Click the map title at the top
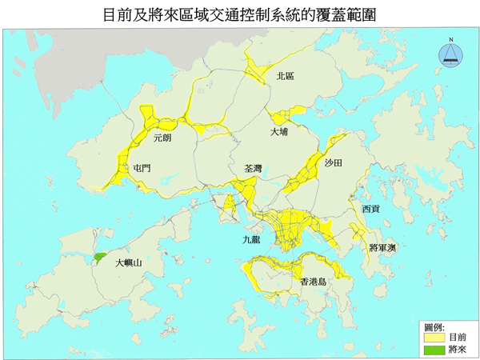click(x=240, y=14)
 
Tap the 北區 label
click(x=285, y=76)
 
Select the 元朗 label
click(x=162, y=137)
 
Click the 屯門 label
click(x=142, y=168)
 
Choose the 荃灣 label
click(x=253, y=169)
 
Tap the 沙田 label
click(x=334, y=162)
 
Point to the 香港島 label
click(x=313, y=282)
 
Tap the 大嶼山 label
click(x=129, y=262)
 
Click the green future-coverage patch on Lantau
click(x=99, y=258)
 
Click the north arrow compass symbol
click(x=452, y=54)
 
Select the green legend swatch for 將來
click(x=434, y=350)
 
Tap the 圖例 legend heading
click(x=434, y=327)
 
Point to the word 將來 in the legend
click(x=458, y=350)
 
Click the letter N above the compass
click(x=452, y=39)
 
